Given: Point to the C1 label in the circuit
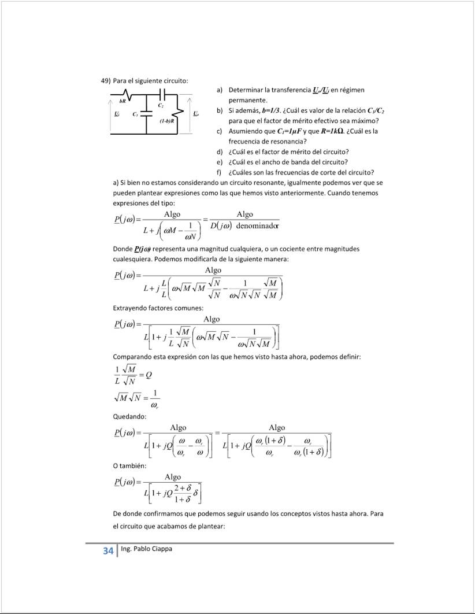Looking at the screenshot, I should (135, 114).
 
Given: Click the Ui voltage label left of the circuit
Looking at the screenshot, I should (117, 113).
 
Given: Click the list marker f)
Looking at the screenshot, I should (220, 172).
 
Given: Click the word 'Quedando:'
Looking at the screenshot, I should (129, 416).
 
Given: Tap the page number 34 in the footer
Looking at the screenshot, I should (108, 551).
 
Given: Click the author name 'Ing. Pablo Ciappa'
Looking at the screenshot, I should (148, 549).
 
